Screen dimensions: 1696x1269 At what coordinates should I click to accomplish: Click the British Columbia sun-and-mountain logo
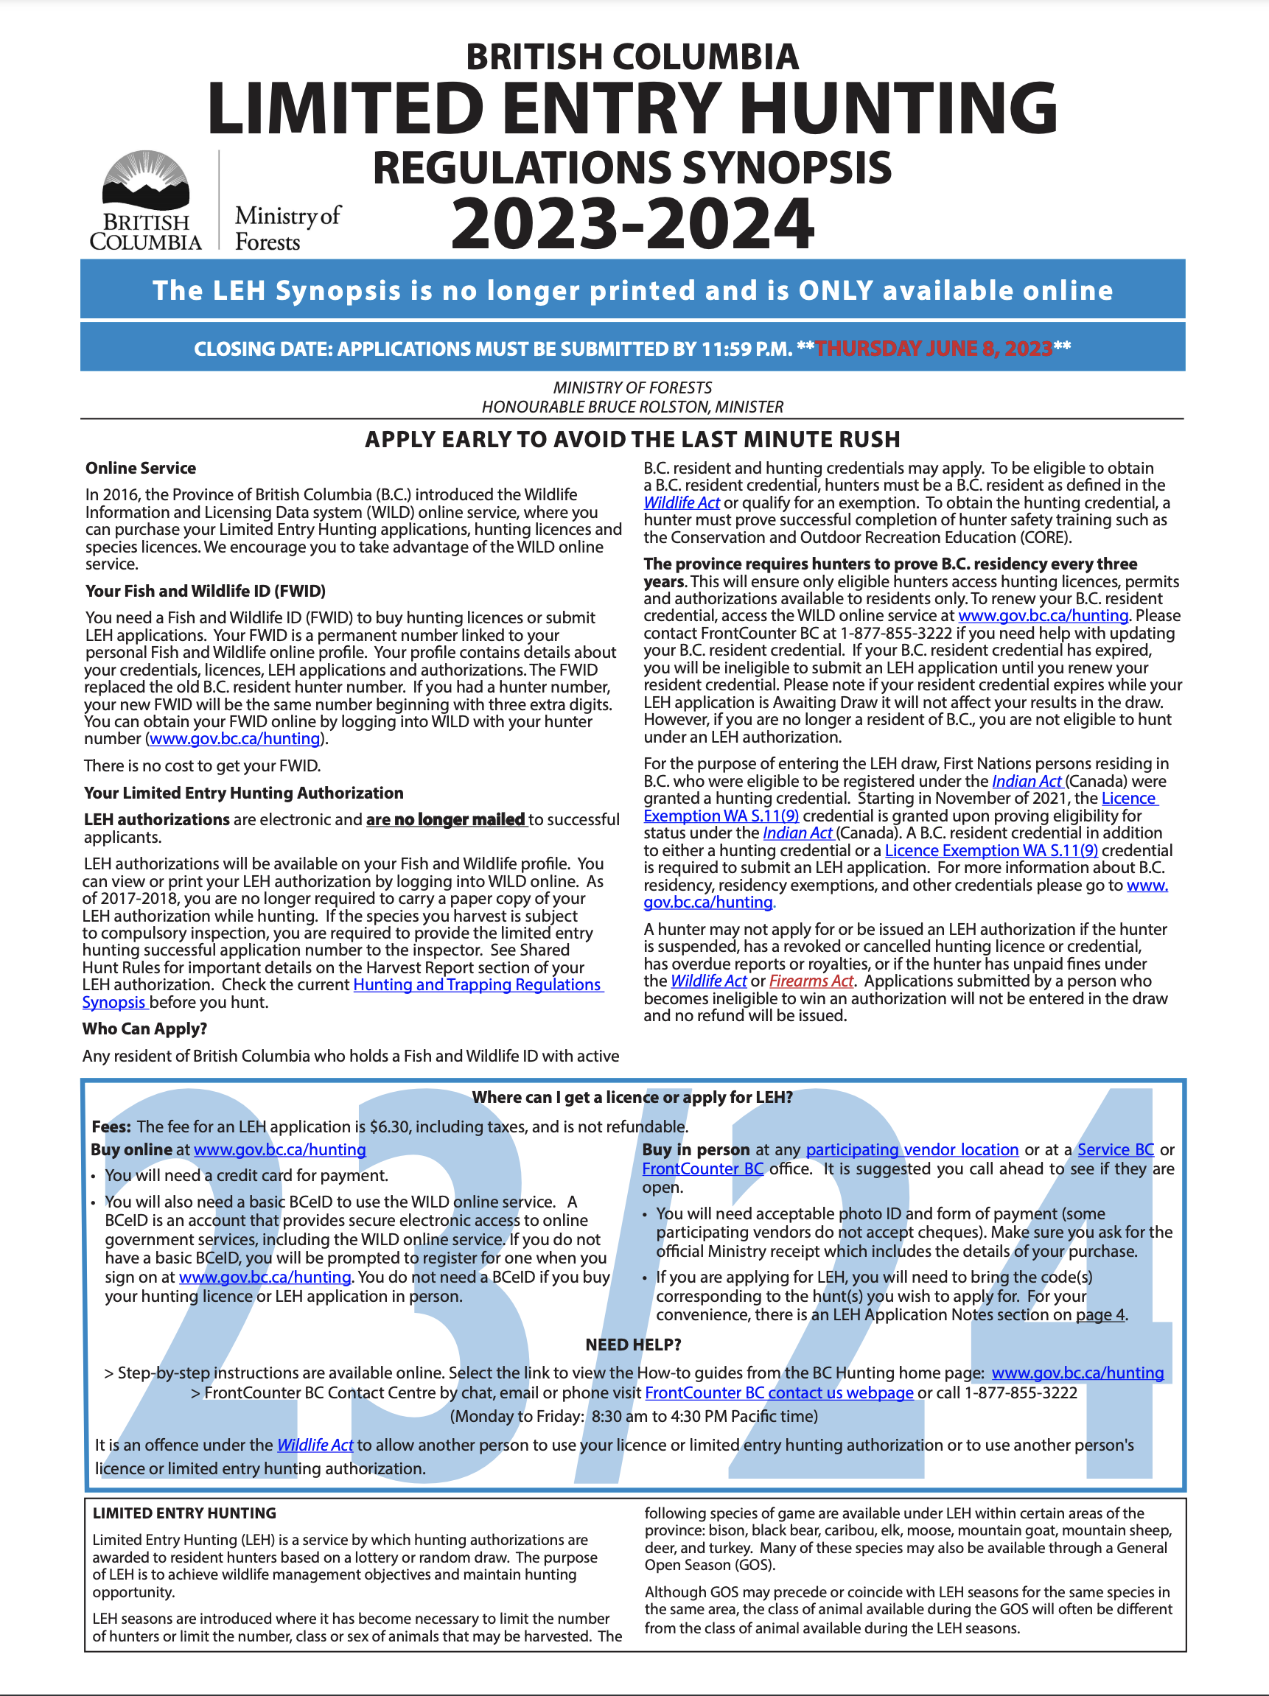coord(146,181)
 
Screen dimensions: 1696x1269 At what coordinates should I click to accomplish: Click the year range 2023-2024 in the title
coord(632,223)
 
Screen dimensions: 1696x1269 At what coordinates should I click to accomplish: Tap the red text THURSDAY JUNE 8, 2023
coord(933,349)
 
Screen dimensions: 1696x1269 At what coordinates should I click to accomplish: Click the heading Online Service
coord(140,468)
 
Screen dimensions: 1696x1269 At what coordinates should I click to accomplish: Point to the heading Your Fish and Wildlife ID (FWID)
coord(206,591)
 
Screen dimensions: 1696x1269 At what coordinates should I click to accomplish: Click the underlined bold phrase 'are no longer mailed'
coord(446,819)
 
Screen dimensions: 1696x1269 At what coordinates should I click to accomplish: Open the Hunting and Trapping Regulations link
coord(477,984)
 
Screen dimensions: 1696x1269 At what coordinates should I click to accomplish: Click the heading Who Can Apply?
coord(145,1029)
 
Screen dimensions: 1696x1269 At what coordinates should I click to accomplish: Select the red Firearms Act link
coord(811,981)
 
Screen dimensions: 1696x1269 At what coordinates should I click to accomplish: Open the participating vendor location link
coord(912,1149)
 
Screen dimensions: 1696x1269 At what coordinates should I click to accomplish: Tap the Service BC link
coord(1115,1149)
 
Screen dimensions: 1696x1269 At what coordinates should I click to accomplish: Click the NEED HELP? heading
coord(632,1344)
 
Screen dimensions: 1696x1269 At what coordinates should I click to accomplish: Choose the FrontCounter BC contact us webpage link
coord(779,1392)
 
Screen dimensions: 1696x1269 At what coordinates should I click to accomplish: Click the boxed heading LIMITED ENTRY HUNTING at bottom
coord(184,1513)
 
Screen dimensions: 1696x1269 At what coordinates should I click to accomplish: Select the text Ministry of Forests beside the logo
coord(287,228)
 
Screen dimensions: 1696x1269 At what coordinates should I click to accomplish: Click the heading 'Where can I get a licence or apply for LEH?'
coord(632,1097)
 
